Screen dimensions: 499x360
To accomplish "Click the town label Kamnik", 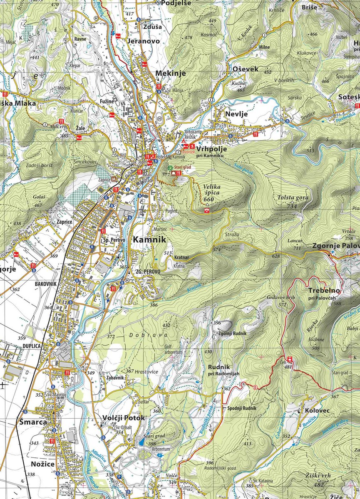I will click(x=149, y=240).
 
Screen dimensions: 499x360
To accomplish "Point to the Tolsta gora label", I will click(x=293, y=198).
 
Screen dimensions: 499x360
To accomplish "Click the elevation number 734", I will click(x=292, y=206).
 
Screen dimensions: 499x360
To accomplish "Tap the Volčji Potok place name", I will click(x=124, y=418).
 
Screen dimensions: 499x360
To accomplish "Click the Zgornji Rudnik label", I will click(x=232, y=333).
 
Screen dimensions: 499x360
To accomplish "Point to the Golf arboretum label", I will click(x=174, y=349).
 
